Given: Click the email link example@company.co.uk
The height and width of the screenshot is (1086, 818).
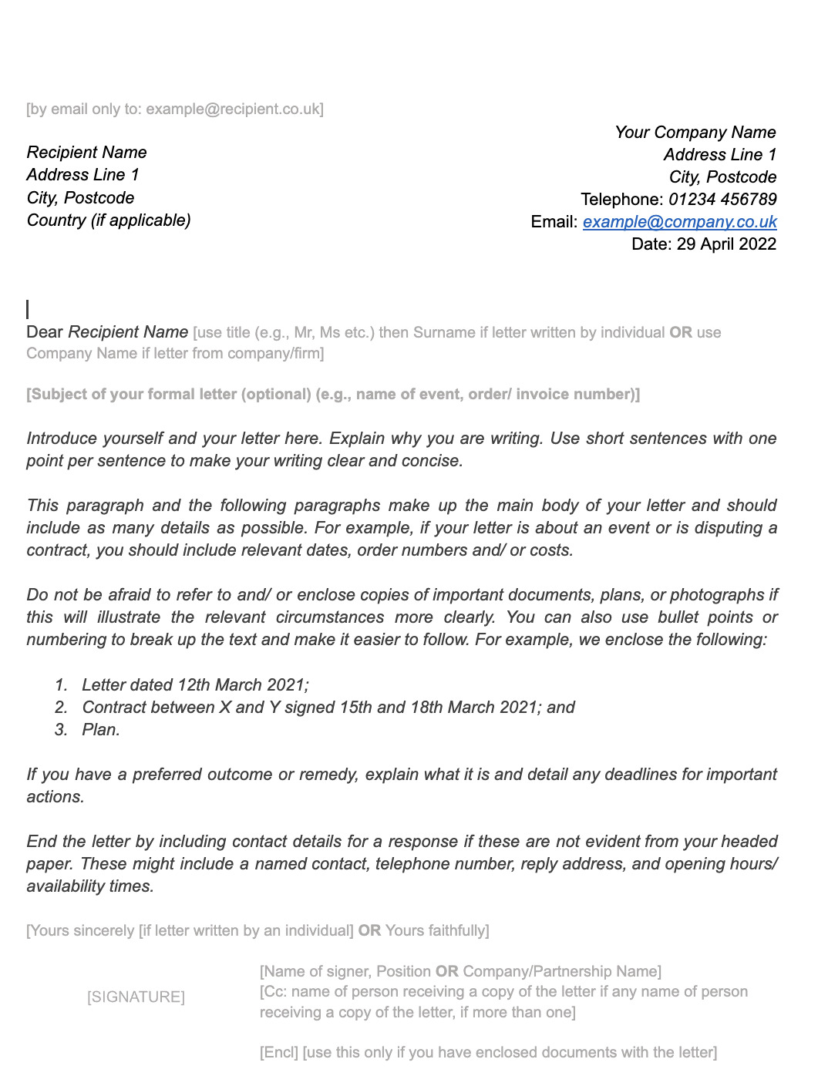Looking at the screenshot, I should (x=679, y=222).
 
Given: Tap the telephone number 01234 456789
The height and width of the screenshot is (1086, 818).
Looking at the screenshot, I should (x=722, y=200).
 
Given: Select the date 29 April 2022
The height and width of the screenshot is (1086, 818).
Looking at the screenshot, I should (x=726, y=244).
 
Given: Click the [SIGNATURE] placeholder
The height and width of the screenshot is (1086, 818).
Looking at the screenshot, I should (x=136, y=997).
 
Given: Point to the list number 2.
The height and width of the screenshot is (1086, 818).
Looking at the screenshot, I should (x=61, y=708).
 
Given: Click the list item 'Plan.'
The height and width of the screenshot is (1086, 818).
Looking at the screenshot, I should (x=101, y=730).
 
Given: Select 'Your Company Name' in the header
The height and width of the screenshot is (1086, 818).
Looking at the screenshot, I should (x=695, y=133).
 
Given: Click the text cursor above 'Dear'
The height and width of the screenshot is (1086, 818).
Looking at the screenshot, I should (x=28, y=309).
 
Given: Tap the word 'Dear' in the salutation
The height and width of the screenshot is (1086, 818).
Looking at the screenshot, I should (x=45, y=332).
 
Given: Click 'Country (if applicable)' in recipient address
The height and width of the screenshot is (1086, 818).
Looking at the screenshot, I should (x=109, y=220).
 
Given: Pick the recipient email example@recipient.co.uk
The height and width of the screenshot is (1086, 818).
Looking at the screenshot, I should (x=234, y=109).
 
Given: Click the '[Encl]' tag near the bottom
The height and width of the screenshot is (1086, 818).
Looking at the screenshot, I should (x=278, y=1053).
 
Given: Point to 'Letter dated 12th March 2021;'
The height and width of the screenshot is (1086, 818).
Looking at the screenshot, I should (x=195, y=685).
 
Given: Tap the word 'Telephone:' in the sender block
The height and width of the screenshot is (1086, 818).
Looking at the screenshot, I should (x=621, y=200).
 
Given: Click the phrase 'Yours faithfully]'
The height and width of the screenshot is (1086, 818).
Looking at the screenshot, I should (x=437, y=931).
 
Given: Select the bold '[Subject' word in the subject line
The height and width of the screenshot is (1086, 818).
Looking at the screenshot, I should (x=56, y=395).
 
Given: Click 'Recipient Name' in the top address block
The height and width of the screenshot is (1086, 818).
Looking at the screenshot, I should (x=86, y=153).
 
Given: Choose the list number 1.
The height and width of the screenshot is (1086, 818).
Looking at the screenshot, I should (x=61, y=685).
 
